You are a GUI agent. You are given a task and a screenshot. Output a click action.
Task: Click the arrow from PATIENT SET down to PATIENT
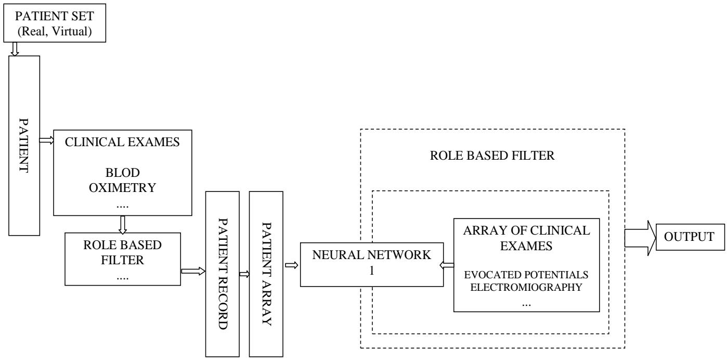(x=14, y=48)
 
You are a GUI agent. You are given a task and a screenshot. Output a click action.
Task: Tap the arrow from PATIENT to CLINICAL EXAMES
(x=47, y=140)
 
